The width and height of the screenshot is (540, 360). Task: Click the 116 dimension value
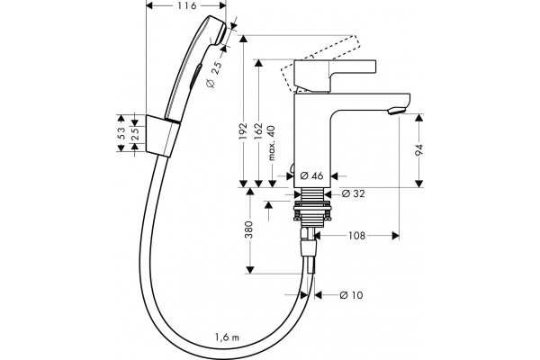pyautogui.click(x=187, y=5)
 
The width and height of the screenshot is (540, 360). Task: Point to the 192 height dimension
pyautogui.click(x=244, y=130)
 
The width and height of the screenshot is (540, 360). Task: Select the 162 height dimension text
pyautogui.click(x=258, y=130)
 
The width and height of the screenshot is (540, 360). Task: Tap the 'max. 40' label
pyautogui.click(x=272, y=143)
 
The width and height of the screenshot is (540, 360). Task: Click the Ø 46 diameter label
pyautogui.click(x=311, y=175)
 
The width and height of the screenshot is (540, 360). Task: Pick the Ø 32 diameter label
pyautogui.click(x=353, y=193)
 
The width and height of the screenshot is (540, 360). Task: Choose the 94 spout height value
pyautogui.click(x=418, y=150)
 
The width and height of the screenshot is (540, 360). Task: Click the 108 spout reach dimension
pyautogui.click(x=356, y=236)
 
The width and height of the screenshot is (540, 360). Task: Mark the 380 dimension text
pyautogui.click(x=248, y=229)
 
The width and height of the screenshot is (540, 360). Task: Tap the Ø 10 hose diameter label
pyautogui.click(x=351, y=295)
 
